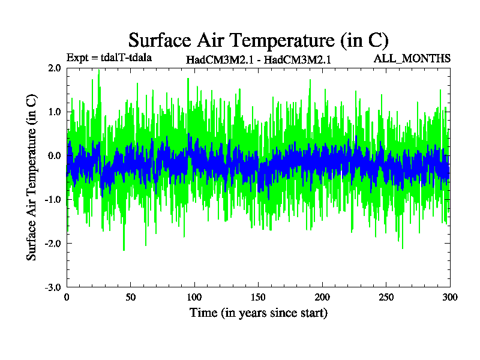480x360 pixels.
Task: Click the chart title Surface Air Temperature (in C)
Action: point(259,40)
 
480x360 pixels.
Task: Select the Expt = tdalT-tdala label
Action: point(109,58)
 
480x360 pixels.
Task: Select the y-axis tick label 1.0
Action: point(55,112)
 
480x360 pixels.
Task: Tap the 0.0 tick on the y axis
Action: point(55,155)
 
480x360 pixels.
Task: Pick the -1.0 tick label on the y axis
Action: point(53,199)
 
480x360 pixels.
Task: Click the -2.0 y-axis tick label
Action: point(53,243)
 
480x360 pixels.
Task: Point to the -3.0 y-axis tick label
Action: point(53,287)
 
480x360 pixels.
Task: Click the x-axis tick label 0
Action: point(67,297)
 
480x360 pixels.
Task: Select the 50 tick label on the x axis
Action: point(131,297)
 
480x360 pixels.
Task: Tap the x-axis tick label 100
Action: point(194,297)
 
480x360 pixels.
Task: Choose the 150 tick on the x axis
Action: point(259,297)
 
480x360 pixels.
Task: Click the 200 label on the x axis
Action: point(322,297)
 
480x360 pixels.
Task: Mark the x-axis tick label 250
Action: point(386,297)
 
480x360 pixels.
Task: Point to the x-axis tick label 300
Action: point(450,297)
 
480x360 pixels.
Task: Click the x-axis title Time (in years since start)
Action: point(259,313)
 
